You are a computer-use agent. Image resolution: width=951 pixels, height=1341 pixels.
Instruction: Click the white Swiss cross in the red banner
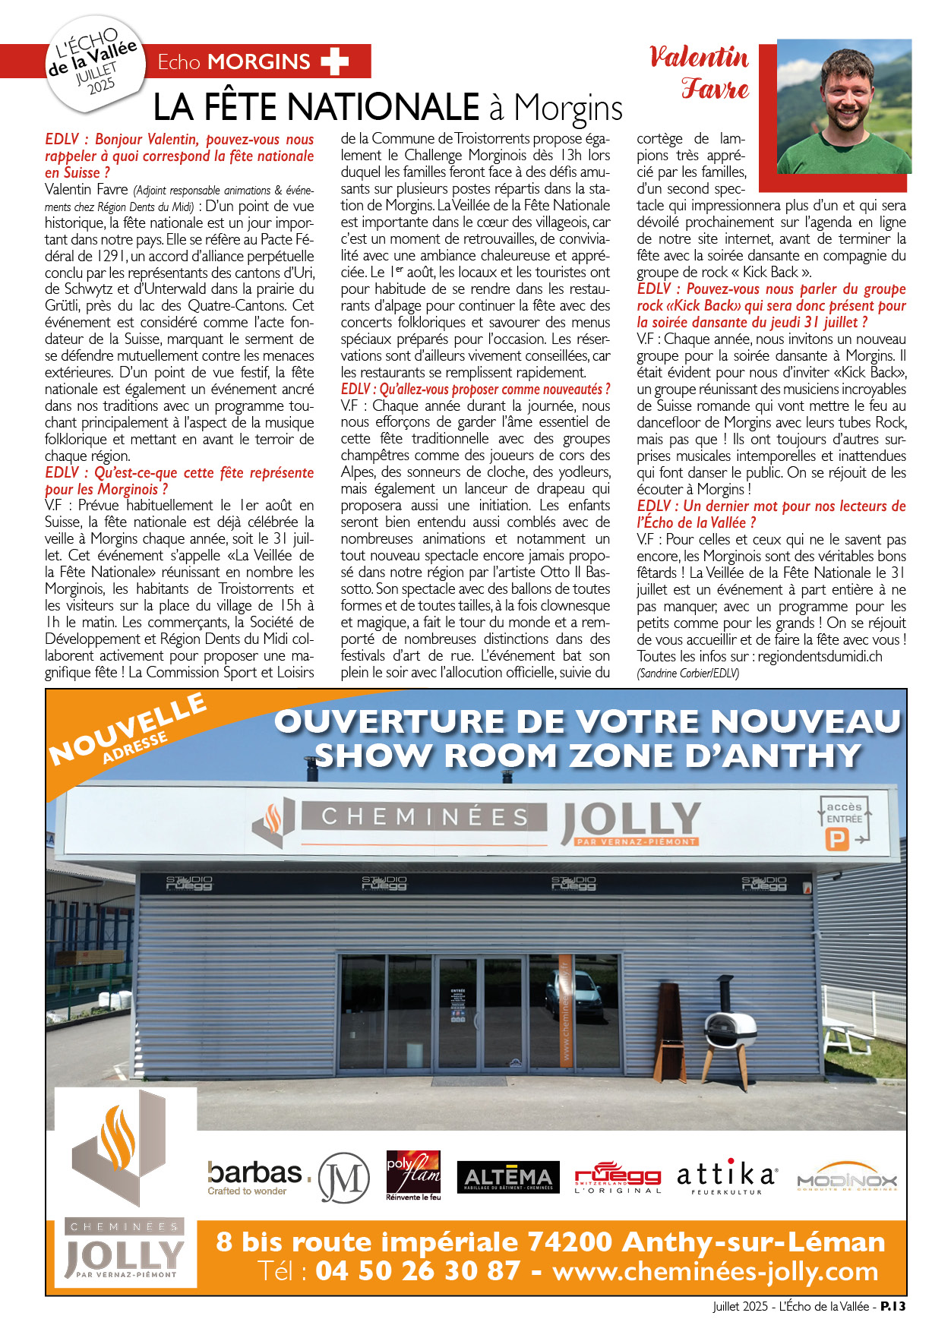(334, 62)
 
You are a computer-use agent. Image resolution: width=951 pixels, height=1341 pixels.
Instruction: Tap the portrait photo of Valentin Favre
(844, 107)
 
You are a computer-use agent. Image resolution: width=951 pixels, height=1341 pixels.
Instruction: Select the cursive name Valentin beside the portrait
(699, 58)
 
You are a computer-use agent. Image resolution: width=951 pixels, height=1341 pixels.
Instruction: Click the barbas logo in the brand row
(257, 1176)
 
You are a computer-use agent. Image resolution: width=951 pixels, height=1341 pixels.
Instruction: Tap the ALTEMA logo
(508, 1177)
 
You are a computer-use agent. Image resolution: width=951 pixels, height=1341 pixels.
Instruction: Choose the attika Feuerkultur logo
(727, 1177)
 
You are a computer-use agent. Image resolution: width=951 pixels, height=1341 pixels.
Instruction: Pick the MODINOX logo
(847, 1179)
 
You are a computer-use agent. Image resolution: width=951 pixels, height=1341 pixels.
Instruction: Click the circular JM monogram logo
(343, 1178)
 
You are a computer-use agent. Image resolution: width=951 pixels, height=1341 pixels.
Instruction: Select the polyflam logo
(413, 1175)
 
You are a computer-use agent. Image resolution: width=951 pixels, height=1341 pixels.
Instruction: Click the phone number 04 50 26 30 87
(418, 1270)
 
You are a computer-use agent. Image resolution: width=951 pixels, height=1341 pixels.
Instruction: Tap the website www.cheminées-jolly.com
(715, 1270)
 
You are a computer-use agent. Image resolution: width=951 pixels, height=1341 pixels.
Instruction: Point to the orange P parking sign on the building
(836, 839)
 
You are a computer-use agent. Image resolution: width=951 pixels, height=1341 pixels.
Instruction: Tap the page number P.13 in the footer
(893, 1306)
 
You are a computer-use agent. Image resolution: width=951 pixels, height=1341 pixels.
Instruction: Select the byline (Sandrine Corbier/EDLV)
(687, 673)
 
